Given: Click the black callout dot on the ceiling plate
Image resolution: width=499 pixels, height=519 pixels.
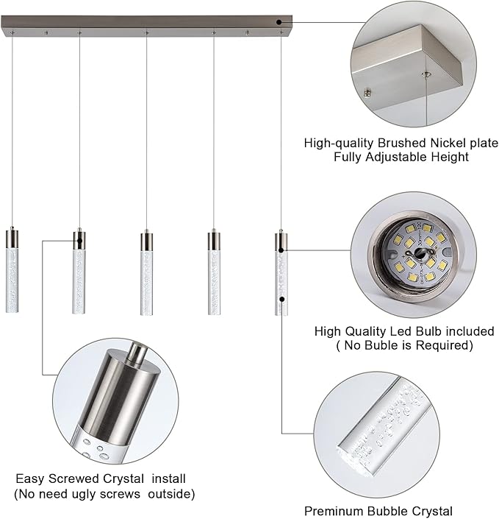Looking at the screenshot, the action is click(279, 22).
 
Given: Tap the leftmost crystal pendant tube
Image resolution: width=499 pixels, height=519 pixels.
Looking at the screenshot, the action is click(12, 280).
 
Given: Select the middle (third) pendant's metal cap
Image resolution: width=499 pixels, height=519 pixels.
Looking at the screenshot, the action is click(146, 241).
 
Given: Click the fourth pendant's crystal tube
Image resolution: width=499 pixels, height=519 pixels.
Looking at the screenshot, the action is click(214, 283).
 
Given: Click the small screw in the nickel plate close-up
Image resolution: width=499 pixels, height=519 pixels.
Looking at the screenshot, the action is click(367, 93).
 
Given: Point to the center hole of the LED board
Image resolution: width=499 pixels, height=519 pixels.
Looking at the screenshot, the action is click(420, 254).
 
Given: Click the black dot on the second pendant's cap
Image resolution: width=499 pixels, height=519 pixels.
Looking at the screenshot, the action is click(79, 240).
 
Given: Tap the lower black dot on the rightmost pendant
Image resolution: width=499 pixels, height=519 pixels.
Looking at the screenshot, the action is click(282, 299).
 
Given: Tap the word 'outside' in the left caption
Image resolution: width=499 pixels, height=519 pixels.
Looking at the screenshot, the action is click(171, 494).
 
